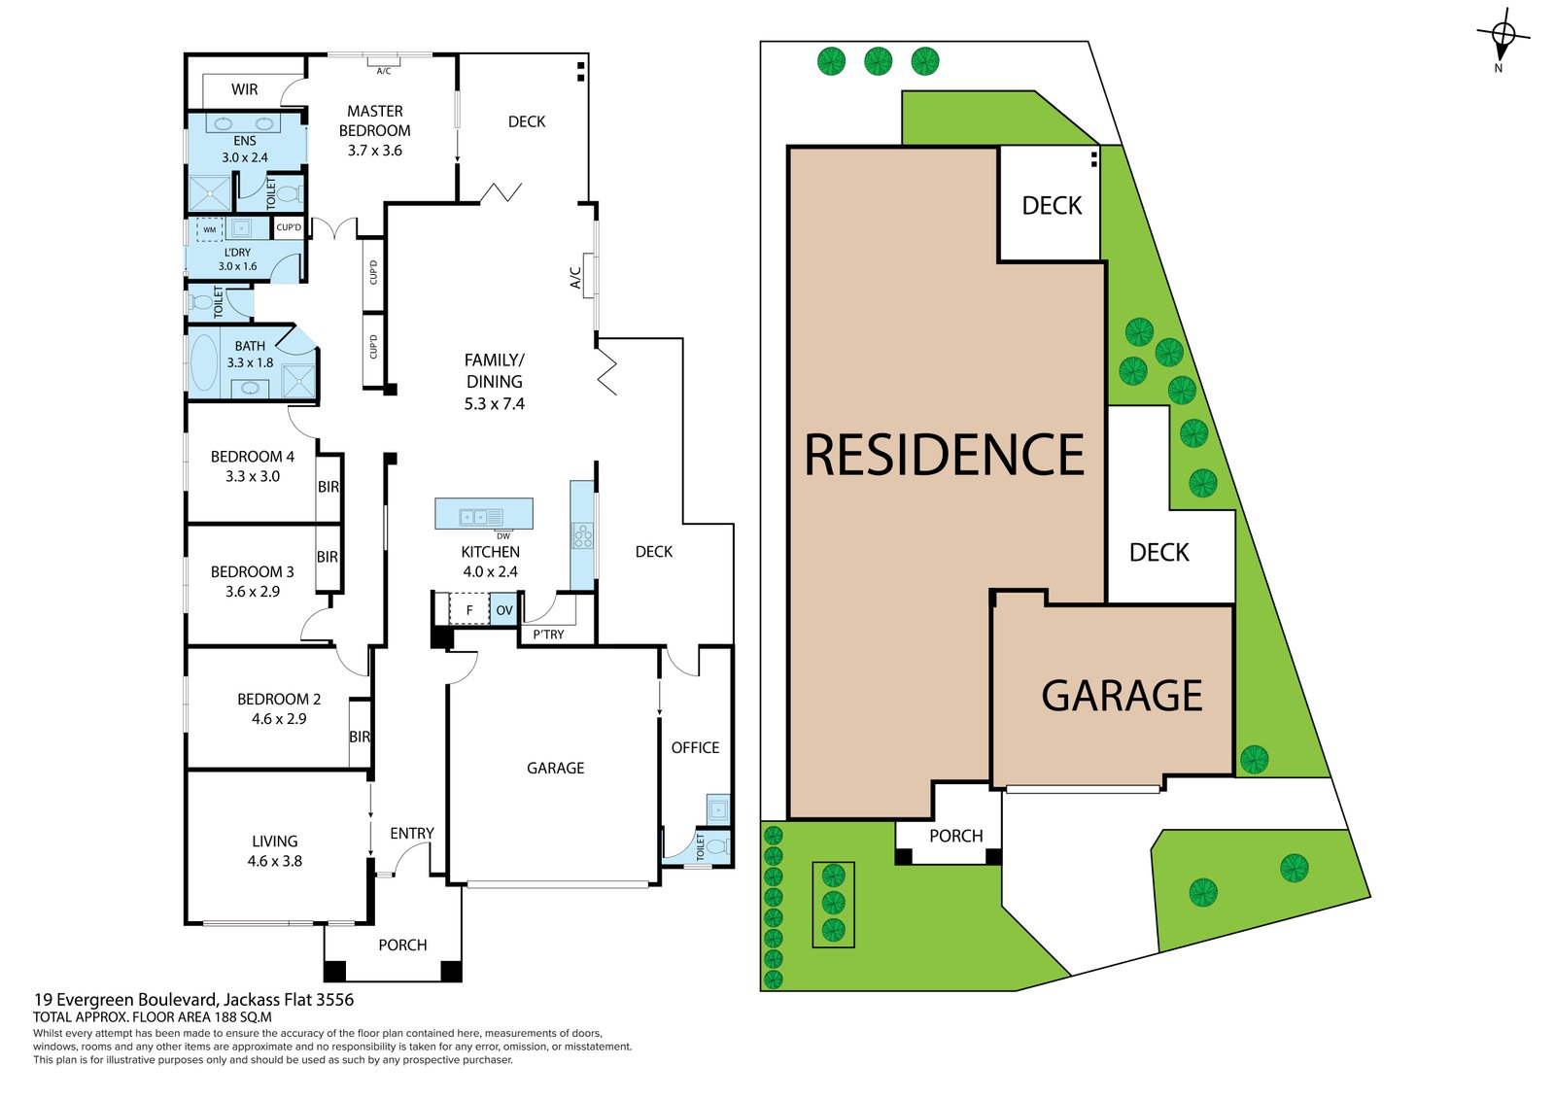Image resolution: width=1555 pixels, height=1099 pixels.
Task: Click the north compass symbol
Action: [1503, 38]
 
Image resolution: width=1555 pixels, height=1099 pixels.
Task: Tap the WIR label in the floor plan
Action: [244, 89]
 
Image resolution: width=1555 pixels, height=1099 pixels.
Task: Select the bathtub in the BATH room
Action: [203, 363]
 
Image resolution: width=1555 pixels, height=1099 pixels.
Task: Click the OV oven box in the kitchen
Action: [504, 610]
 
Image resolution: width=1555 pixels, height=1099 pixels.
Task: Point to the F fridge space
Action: [469, 610]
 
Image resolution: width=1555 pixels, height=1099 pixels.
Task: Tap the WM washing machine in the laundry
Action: [210, 229]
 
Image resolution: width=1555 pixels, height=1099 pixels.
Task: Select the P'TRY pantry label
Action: [548, 635]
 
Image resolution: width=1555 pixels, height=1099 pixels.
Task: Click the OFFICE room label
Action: [695, 747]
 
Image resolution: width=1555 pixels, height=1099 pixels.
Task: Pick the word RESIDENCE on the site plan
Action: [944, 455]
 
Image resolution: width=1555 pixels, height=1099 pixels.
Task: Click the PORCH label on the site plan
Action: [956, 836]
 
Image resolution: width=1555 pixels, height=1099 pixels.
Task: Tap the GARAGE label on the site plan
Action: [1122, 696]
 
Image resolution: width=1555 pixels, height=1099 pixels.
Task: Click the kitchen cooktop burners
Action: [582, 536]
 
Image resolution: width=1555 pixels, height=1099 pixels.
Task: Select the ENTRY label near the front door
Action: [412, 833]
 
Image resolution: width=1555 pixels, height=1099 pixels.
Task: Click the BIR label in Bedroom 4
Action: [328, 487]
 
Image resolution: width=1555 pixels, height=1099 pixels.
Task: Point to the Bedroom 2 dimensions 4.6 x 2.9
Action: [279, 718]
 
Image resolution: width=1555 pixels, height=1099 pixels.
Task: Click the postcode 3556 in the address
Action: [335, 1000]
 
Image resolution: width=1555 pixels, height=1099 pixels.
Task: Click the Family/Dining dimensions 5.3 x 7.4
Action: [495, 403]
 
